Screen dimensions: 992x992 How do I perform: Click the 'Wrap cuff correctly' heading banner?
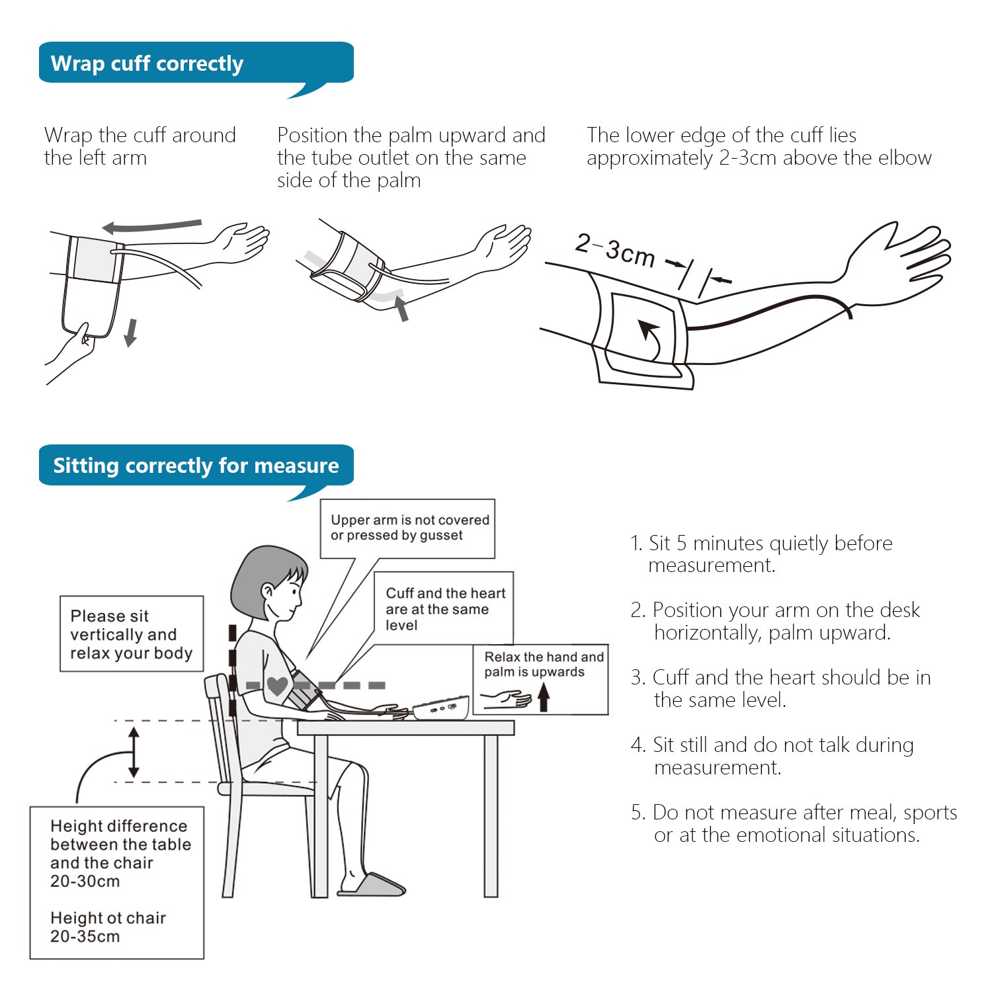[x=196, y=63]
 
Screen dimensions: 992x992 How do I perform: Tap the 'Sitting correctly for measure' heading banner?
[x=196, y=466]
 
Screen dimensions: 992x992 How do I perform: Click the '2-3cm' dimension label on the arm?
[x=615, y=250]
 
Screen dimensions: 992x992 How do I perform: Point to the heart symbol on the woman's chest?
[x=277, y=686]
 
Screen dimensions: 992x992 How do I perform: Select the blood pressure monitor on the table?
[x=441, y=708]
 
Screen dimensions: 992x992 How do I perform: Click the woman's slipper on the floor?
[x=372, y=885]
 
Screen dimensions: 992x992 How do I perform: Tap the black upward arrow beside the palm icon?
[x=544, y=697]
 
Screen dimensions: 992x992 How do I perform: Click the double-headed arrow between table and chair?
[x=134, y=752]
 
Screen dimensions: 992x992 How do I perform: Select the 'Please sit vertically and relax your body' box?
[x=132, y=634]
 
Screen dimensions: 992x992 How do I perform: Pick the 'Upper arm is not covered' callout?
[x=408, y=528]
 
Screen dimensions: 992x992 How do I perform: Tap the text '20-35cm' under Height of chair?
[x=85, y=936]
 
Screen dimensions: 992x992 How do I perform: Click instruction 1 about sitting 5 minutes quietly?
[x=761, y=554]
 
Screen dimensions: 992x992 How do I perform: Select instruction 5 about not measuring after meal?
[x=794, y=823]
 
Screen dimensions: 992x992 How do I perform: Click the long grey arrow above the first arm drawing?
[x=152, y=226]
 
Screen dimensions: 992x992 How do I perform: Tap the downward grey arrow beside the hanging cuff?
[x=131, y=333]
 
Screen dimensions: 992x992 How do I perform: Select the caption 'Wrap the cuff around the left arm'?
[x=140, y=146]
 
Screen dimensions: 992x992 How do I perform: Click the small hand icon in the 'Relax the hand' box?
[x=507, y=699]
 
